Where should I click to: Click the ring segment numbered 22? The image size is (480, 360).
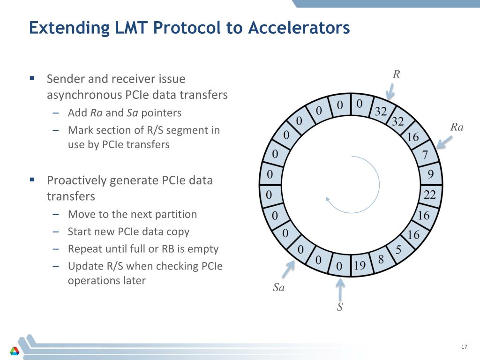pyautogui.click(x=430, y=195)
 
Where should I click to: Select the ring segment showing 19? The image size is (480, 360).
pyautogui.click(x=360, y=266)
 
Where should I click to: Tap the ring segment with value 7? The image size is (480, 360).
pyautogui.click(x=425, y=155)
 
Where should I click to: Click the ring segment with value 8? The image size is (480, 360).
pyautogui.click(x=381, y=259)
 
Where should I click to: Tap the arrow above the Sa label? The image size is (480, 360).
pyautogui.click(x=288, y=269)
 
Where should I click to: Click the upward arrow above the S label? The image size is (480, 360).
pyautogui.click(x=341, y=287)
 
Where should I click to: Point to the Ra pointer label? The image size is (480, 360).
pyautogui.click(x=457, y=127)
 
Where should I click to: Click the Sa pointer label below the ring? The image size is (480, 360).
pyautogui.click(x=279, y=288)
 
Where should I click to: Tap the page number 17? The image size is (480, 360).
pyautogui.click(x=464, y=347)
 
